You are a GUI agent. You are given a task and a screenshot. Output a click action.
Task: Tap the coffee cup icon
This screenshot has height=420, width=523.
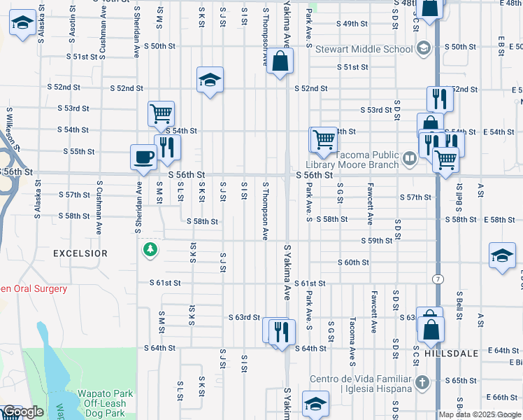tap(143, 157)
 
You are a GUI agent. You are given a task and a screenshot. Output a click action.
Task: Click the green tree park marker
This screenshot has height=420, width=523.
tap(149, 250)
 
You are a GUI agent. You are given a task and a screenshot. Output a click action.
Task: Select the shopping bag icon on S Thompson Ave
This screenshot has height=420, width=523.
tap(280, 62)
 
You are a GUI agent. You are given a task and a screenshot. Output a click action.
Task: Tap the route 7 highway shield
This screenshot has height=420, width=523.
tap(438, 279)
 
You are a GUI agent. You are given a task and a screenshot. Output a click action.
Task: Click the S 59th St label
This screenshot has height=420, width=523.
tap(375, 241)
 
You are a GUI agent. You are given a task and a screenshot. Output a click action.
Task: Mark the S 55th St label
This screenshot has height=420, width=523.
tap(78, 151)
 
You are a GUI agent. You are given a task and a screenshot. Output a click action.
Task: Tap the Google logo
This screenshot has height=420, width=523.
tap(22, 412)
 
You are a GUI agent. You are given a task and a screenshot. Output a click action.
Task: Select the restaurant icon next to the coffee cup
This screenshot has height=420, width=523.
tap(167, 147)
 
